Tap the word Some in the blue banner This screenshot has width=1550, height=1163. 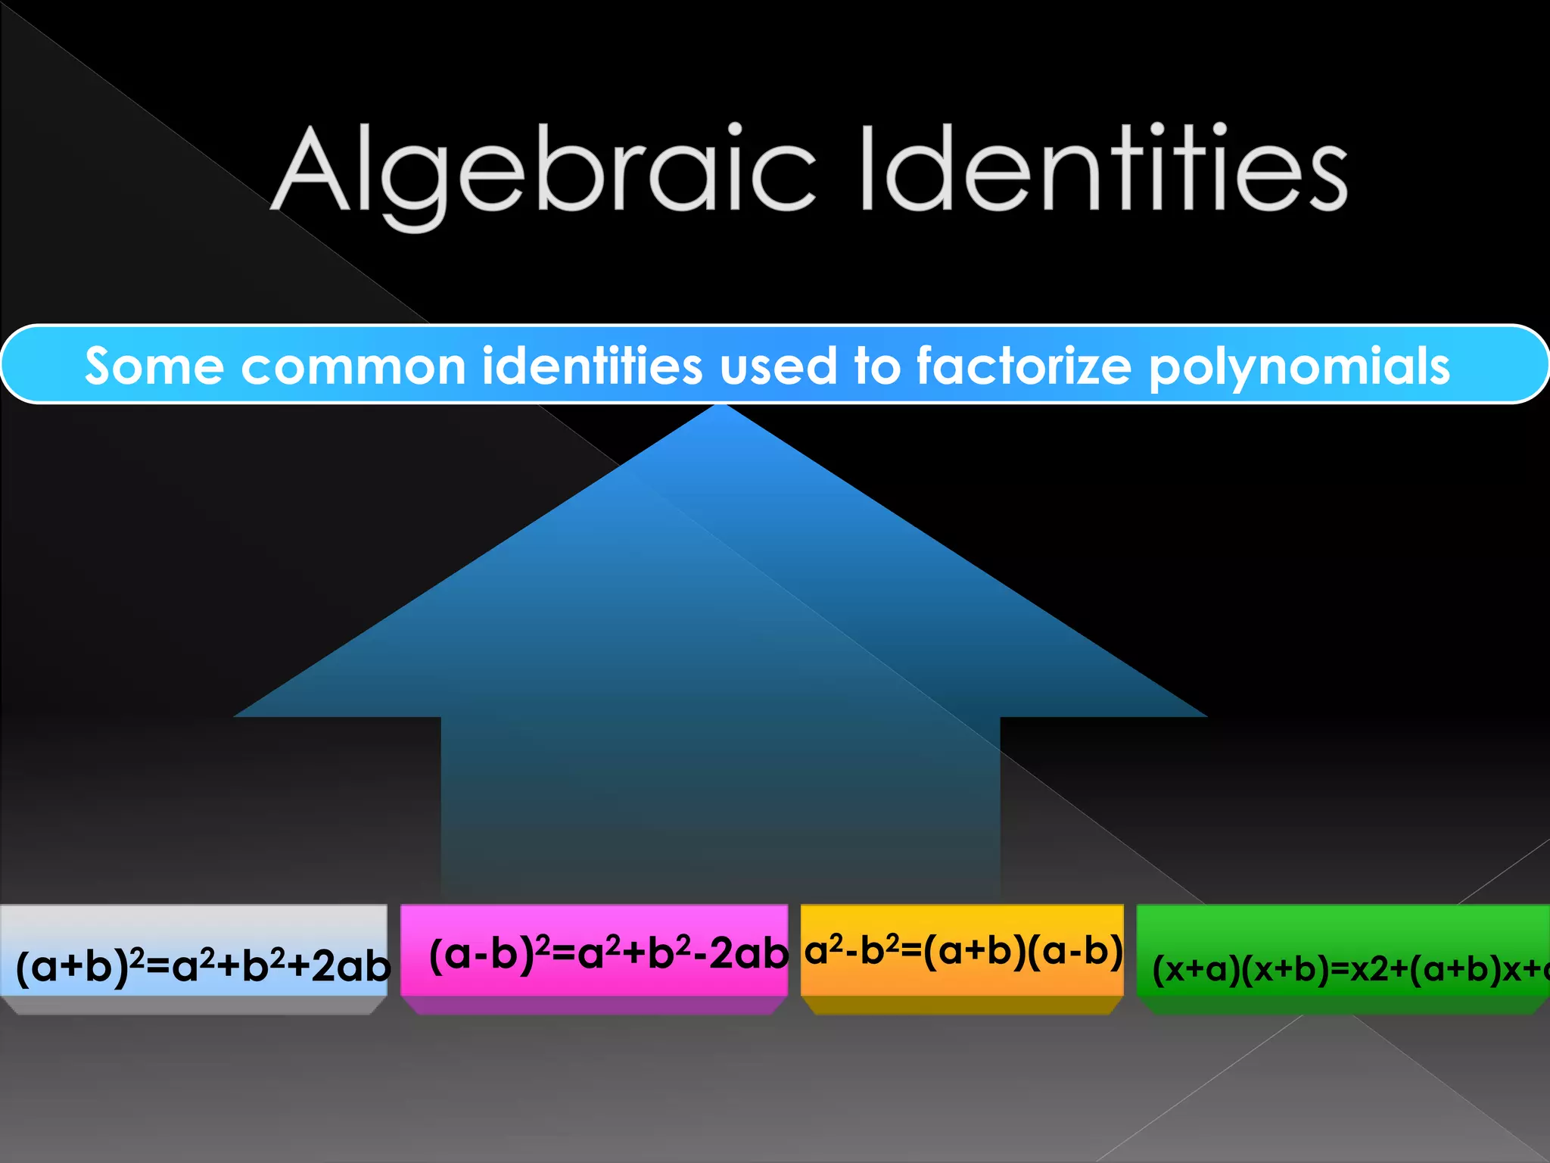click(x=154, y=366)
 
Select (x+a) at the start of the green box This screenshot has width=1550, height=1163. click(x=1197, y=970)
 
